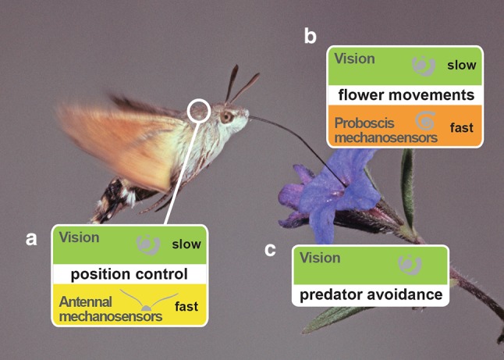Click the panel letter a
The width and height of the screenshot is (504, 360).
(x=31, y=239)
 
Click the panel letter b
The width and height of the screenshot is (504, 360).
(x=311, y=35)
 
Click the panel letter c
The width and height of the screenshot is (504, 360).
(x=270, y=249)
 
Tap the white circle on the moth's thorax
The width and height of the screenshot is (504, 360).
(x=199, y=109)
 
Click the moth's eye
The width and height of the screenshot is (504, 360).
(x=225, y=117)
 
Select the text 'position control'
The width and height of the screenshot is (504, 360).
(x=129, y=274)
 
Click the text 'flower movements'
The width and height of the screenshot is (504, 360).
(x=405, y=95)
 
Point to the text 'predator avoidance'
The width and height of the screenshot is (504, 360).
(x=371, y=295)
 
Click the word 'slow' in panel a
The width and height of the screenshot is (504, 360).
(x=186, y=244)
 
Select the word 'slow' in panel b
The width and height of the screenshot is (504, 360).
(x=461, y=65)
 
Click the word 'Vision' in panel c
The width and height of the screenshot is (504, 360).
(x=320, y=258)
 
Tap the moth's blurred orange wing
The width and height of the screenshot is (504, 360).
(x=117, y=141)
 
